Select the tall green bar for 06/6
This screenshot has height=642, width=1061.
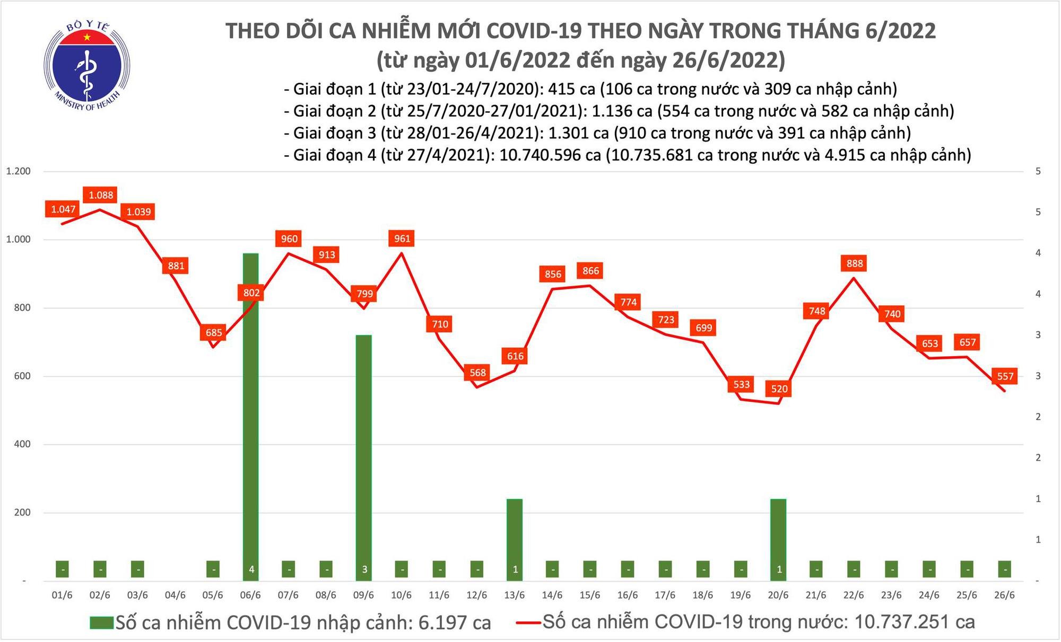click(251, 414)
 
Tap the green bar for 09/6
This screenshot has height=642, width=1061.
click(364, 456)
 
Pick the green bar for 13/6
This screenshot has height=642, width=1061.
click(515, 538)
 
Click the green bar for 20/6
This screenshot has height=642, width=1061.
click(778, 538)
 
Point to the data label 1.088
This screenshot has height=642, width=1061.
click(101, 195)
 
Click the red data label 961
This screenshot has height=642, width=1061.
click(402, 239)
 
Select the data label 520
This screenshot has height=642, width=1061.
click(779, 389)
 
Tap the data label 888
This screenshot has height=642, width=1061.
click(855, 263)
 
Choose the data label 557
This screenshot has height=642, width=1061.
click(1005, 376)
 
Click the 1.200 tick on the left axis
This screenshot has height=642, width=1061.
click(18, 171)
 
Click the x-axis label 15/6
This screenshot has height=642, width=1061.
click(589, 595)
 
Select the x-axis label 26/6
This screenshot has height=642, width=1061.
click(1004, 595)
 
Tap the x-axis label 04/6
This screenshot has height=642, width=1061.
click(175, 595)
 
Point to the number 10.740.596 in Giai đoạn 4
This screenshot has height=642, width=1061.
click(550, 155)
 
